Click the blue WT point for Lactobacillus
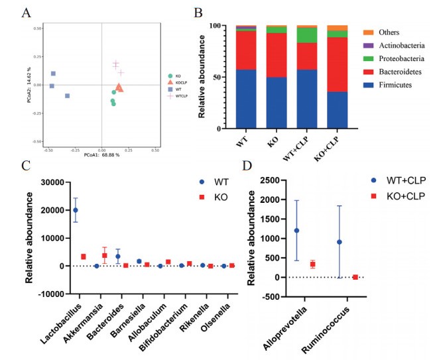(76, 210)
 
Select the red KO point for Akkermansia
(105, 255)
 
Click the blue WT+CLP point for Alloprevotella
(296, 231)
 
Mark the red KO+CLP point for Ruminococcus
(355, 276)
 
